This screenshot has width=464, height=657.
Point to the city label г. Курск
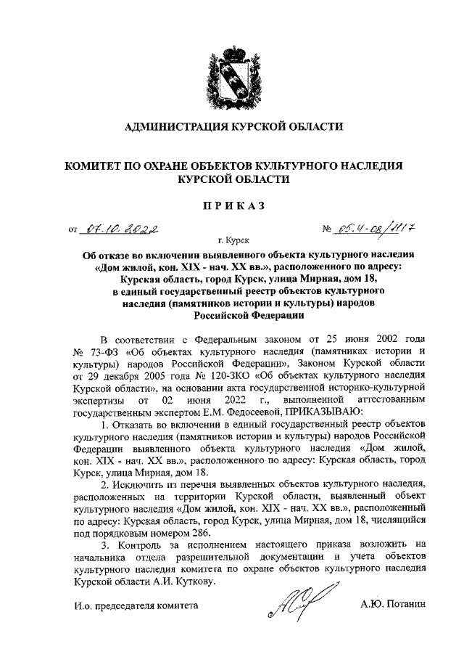pos(232,239)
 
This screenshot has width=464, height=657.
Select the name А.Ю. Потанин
pos(395,604)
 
